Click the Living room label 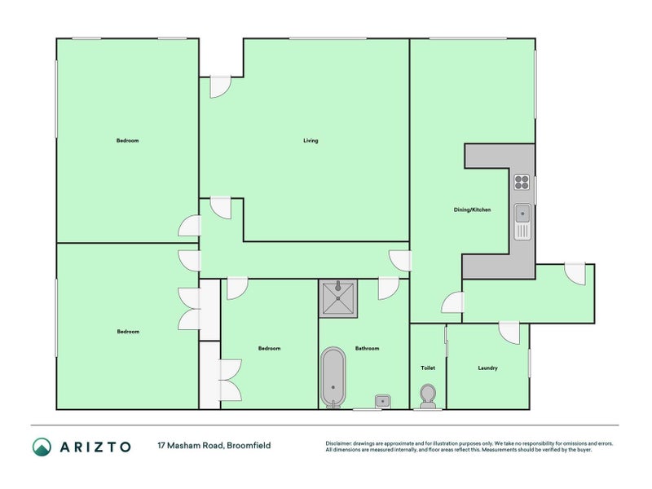tap(311, 141)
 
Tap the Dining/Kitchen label tap(472, 210)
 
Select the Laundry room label tap(487, 368)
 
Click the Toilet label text tap(428, 368)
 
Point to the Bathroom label tap(367, 349)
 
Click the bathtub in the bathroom tap(333, 377)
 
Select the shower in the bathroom tap(337, 298)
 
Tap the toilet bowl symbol tap(427, 397)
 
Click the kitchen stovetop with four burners tap(522, 183)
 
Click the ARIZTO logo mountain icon tap(42, 446)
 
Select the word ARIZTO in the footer tap(95, 446)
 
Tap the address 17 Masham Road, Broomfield tap(214, 446)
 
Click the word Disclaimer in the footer tap(341, 443)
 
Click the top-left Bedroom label tap(127, 141)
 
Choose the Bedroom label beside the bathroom tap(269, 349)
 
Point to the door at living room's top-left tap(219, 86)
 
